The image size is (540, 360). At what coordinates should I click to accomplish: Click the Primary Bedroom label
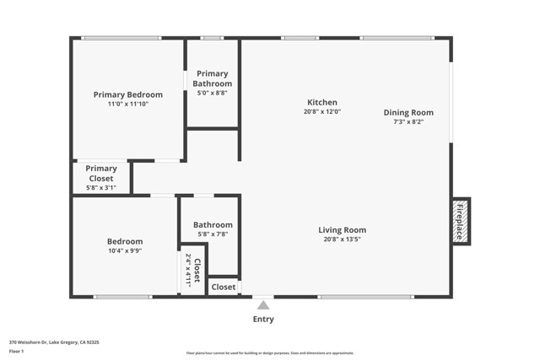[127, 94]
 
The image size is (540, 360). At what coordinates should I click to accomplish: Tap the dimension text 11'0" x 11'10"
[127, 105]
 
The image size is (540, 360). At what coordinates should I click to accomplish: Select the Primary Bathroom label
[212, 78]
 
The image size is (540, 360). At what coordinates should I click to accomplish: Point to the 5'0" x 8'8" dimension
[212, 93]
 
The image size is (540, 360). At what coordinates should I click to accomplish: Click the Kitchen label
[321, 102]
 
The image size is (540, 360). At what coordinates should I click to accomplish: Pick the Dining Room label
[408, 112]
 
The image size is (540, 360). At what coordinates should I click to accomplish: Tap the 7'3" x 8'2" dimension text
[408, 121]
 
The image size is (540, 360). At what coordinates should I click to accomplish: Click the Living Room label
[342, 230]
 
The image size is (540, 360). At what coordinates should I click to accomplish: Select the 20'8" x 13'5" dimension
[342, 239]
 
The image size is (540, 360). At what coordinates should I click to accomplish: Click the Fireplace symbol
[460, 222]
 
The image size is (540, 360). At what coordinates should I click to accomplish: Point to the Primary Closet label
[101, 173]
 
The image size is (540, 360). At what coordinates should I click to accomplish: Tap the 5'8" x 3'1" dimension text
[101, 188]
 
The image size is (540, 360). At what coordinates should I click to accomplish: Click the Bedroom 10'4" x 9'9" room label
[125, 241]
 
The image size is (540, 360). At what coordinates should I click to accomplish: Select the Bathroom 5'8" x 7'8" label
[213, 225]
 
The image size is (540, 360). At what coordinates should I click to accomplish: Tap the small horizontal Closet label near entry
[224, 287]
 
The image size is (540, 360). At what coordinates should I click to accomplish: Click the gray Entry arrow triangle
[263, 305]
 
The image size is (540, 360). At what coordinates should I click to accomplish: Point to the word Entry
[263, 320]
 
